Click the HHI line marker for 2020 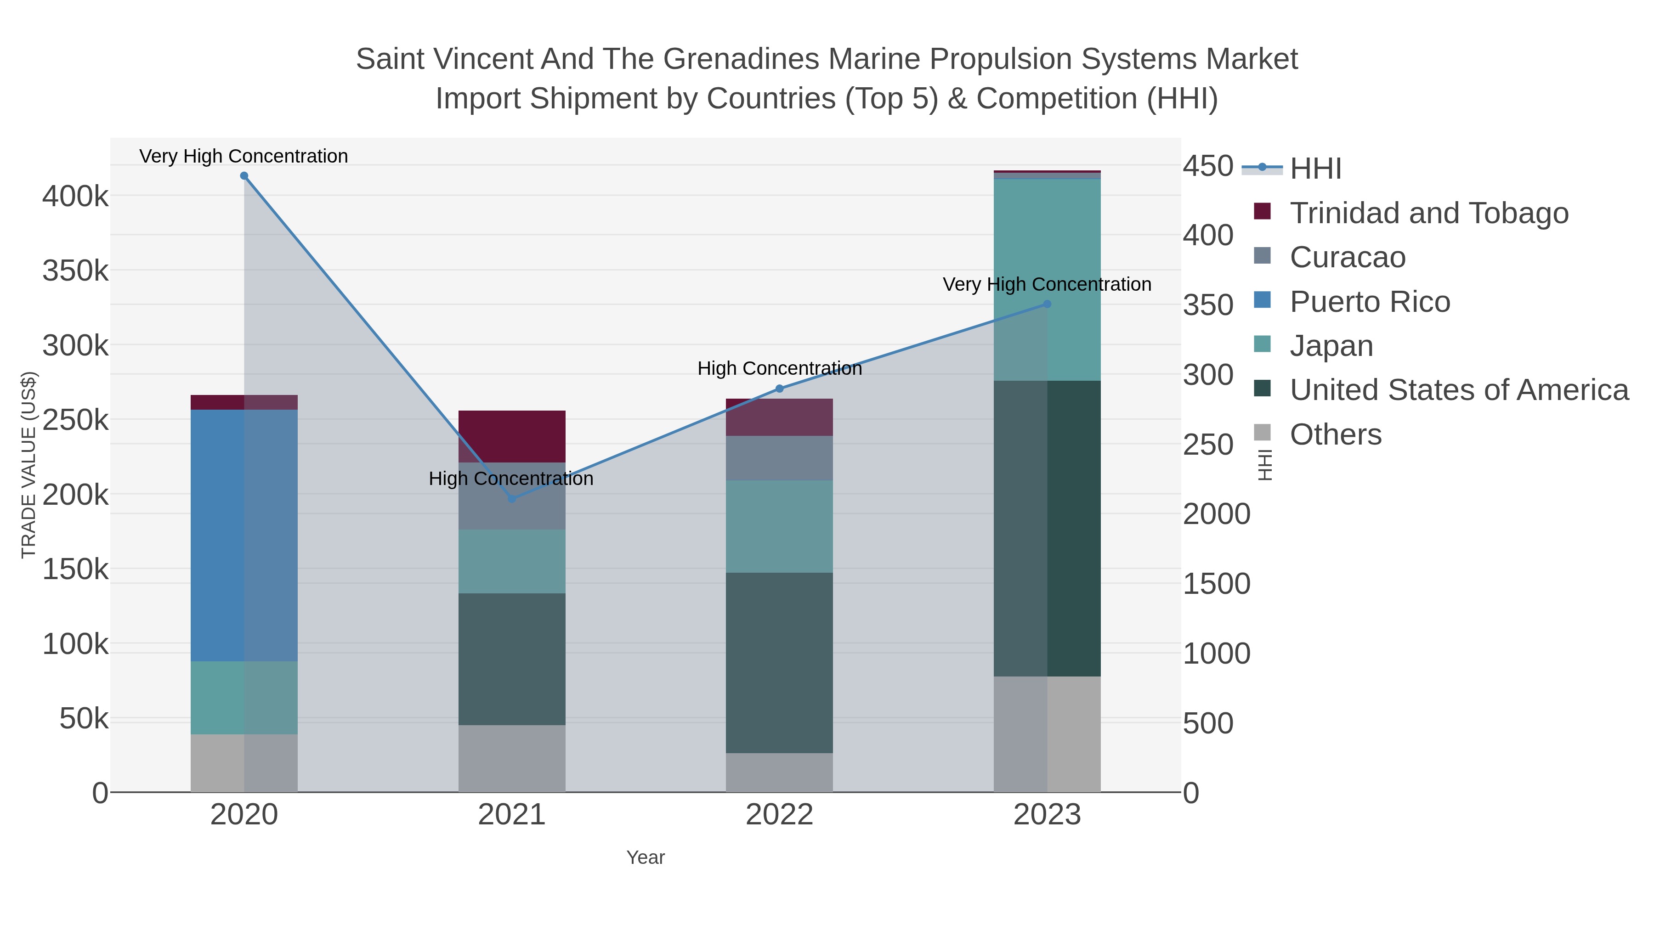tap(244, 176)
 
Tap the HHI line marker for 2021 tap(512, 499)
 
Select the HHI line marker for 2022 tap(780, 388)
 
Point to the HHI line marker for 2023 tap(1047, 304)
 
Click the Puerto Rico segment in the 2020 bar tap(244, 535)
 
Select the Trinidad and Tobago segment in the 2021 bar tap(512, 436)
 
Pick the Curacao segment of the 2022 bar tap(780, 458)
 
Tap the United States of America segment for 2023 tap(1047, 528)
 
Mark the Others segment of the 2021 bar tap(512, 759)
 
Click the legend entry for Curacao tap(1347, 257)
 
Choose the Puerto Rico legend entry tap(1370, 302)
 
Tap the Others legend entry tap(1335, 434)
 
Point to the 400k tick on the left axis tap(75, 196)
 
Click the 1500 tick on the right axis tap(1216, 583)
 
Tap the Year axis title tap(646, 857)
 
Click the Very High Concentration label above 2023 tap(1047, 284)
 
